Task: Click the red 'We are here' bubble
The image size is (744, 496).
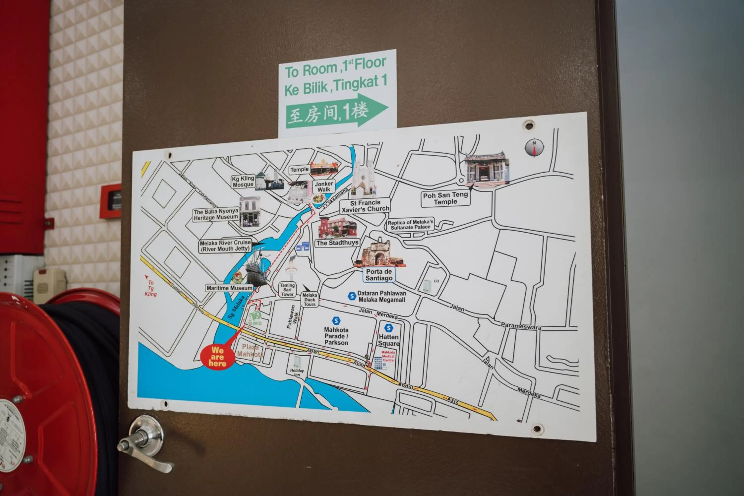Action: tap(217, 357)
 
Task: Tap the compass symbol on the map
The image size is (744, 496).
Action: tap(534, 147)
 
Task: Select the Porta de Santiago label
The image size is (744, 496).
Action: tap(379, 275)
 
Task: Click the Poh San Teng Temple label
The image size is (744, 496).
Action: tap(445, 199)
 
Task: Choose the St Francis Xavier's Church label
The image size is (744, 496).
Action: tap(365, 206)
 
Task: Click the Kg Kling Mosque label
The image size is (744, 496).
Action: tap(243, 182)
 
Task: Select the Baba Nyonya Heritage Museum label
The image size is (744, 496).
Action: tap(216, 215)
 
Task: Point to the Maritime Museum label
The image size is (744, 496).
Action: tap(229, 288)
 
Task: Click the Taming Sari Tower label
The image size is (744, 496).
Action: tap(287, 290)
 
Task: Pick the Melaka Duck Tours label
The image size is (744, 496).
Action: tap(310, 300)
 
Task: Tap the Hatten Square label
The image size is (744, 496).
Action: tap(389, 340)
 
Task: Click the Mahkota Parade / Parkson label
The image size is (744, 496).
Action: tap(336, 336)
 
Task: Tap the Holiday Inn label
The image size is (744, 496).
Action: tap(297, 372)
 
